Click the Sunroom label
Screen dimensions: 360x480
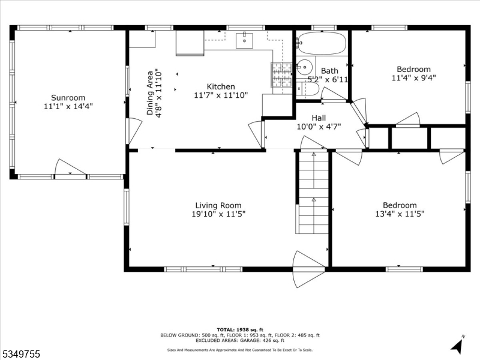click(x=68, y=97)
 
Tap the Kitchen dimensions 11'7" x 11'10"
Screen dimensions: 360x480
click(x=221, y=95)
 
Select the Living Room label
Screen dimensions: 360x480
click(x=218, y=205)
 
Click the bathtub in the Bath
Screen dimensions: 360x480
click(x=322, y=44)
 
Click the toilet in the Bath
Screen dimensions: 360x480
click(x=308, y=89)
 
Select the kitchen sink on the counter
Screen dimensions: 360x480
click(x=245, y=40)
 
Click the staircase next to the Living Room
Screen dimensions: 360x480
click(x=313, y=192)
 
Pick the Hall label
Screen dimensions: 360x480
click(x=318, y=118)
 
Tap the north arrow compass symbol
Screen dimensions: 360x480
click(x=458, y=345)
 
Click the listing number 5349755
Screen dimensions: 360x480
click(x=21, y=355)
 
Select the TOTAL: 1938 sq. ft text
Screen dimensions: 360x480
click(x=239, y=330)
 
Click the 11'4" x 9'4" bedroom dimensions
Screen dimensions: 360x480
click(x=413, y=77)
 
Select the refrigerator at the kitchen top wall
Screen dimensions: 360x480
click(x=190, y=43)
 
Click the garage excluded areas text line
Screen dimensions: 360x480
click(x=239, y=340)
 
